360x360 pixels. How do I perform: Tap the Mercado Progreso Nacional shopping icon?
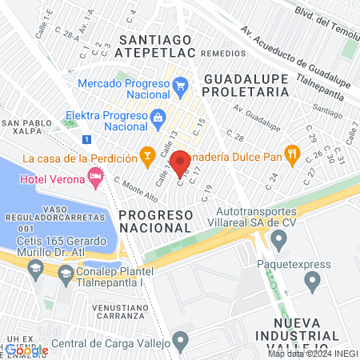[180, 85]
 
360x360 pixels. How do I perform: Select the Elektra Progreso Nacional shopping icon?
[157, 117]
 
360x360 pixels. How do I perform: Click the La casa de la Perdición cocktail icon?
[146, 154]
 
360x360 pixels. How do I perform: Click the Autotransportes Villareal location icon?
[278, 238]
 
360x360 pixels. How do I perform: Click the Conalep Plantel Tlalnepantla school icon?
[65, 275]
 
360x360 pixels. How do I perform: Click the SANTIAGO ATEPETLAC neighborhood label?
[154, 46]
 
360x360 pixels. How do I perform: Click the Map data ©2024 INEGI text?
[311, 353]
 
